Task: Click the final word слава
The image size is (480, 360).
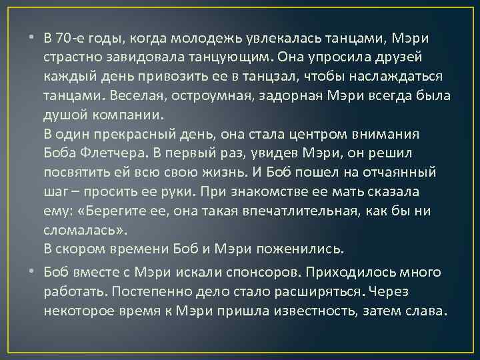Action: point(427,311)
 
